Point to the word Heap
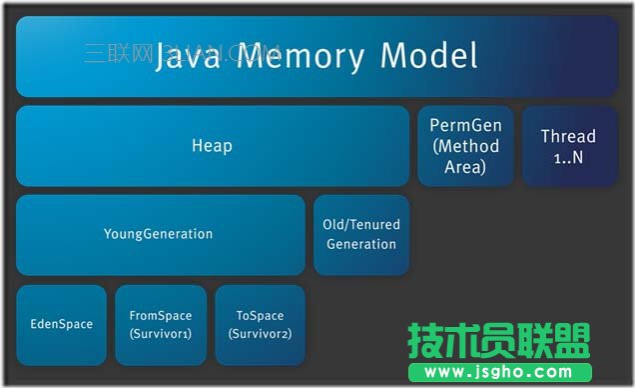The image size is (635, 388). click(x=212, y=146)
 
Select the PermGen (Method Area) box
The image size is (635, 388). click(x=465, y=146)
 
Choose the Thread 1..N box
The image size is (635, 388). click(x=568, y=146)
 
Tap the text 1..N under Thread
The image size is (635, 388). click(x=568, y=158)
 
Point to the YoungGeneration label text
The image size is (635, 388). click(x=158, y=234)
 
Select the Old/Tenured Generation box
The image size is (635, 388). click(x=360, y=234)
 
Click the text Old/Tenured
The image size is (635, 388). click(x=360, y=224)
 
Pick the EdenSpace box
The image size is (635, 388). click(x=61, y=324)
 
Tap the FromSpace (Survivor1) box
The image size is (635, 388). click(x=161, y=324)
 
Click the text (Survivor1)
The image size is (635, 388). click(x=161, y=333)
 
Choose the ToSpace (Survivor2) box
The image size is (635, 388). click(x=260, y=324)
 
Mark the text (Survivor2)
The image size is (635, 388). click(x=260, y=333)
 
